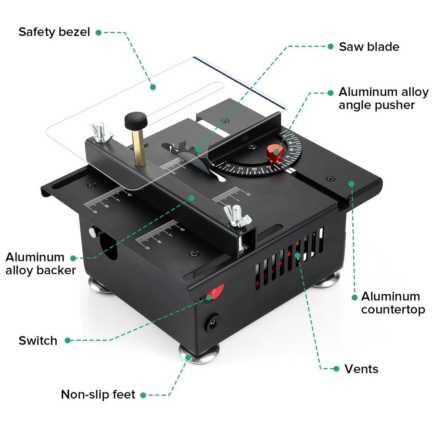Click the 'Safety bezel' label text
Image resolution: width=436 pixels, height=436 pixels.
pos(54,32)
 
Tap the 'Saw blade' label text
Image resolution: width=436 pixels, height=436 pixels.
pos(369,47)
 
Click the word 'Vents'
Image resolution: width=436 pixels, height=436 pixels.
pos(361,369)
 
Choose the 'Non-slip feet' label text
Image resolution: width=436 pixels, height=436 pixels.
pos(98,395)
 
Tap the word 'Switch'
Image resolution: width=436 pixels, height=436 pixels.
pos(37,341)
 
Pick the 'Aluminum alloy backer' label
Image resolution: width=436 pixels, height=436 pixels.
pos(41,263)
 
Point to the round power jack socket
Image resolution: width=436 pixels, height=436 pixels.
pos(213,324)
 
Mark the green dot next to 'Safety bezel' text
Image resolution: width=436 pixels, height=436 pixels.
pos(99,32)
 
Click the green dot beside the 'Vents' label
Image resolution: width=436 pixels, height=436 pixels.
pos(336,369)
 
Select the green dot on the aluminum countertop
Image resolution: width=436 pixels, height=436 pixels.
pos(352,184)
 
